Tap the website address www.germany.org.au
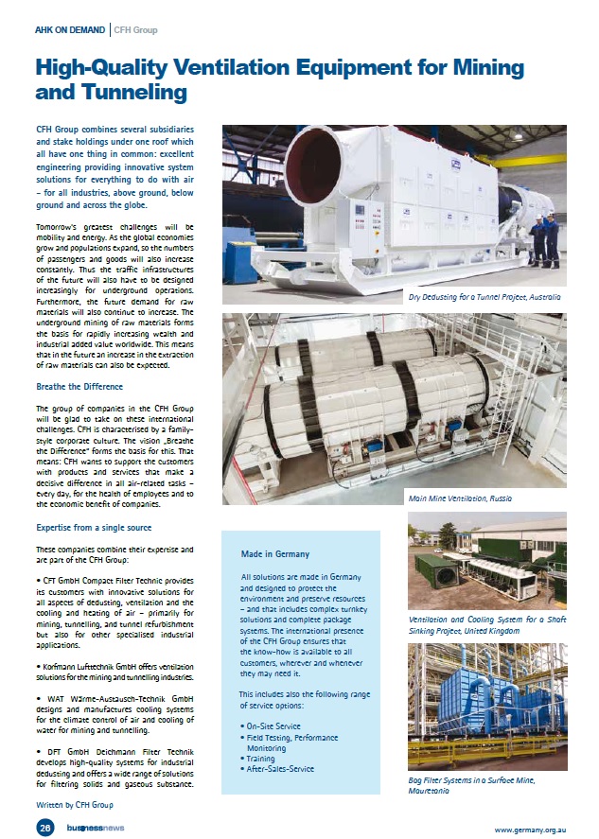tap(530, 829)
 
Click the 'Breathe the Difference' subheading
tap(79, 387)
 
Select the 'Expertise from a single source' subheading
tap(93, 527)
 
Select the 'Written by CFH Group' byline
tap(75, 804)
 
